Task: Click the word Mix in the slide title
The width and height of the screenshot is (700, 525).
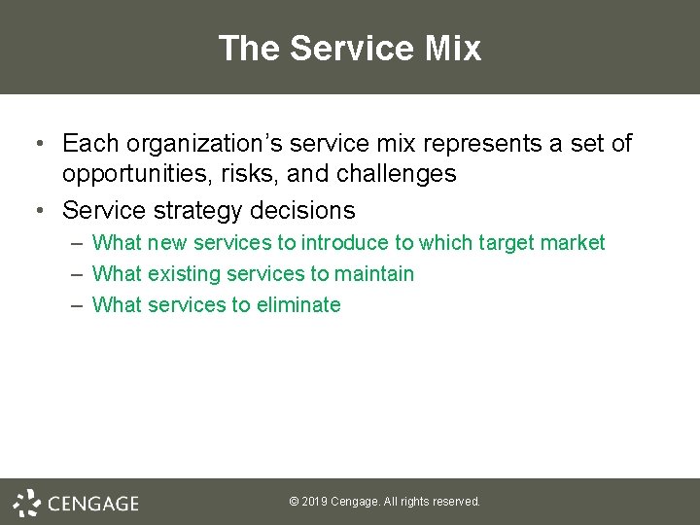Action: click(x=451, y=48)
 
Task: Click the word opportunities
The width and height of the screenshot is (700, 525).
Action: click(x=134, y=175)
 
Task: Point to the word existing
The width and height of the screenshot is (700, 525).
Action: click(x=184, y=274)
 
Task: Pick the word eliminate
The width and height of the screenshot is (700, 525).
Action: click(x=298, y=305)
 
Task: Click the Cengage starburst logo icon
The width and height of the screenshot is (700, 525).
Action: click(x=27, y=503)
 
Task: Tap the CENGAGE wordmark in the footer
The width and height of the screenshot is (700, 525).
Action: click(x=93, y=504)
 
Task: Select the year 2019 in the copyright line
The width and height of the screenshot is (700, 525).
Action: click(x=315, y=502)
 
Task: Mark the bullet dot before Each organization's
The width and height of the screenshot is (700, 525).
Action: click(x=36, y=145)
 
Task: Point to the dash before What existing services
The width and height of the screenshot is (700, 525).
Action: click(x=76, y=274)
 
